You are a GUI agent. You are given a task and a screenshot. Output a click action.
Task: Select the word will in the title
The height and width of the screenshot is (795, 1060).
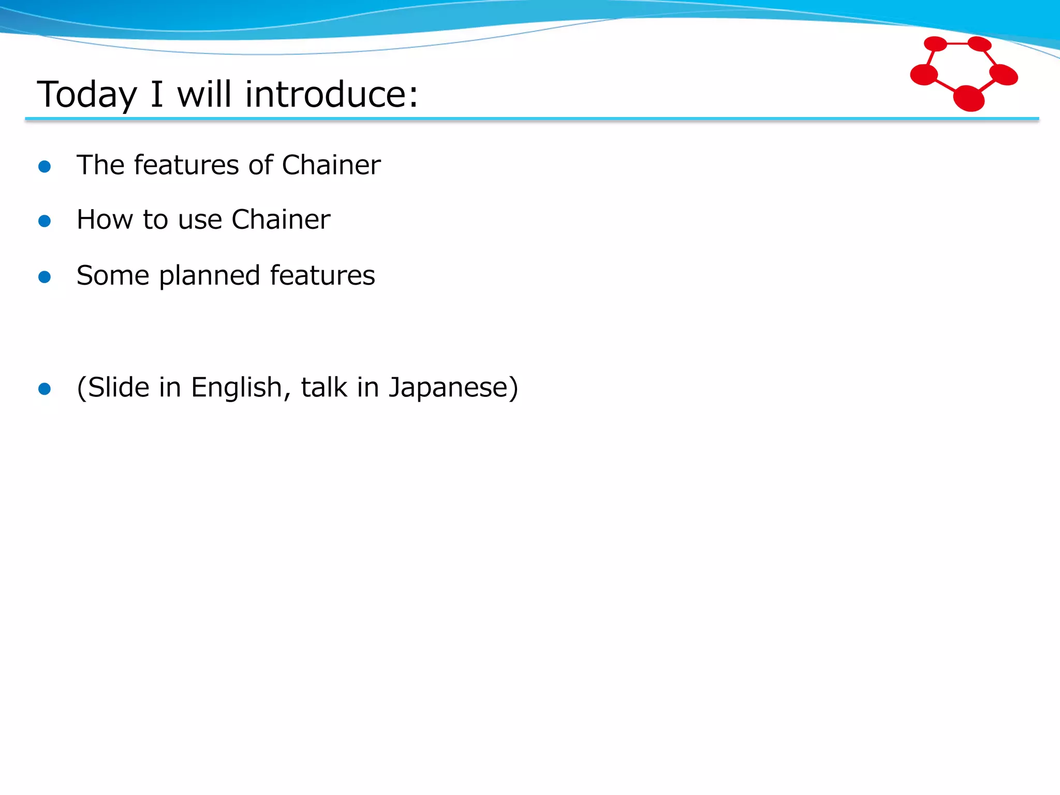pyautogui.click(x=204, y=94)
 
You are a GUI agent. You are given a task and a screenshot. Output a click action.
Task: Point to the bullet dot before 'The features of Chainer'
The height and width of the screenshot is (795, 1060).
pyautogui.click(x=45, y=166)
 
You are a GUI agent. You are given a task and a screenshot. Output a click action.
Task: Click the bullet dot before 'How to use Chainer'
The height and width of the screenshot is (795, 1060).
pyautogui.click(x=45, y=221)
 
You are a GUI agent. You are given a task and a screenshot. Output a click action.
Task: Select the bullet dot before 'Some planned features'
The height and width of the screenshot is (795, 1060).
pyautogui.click(x=45, y=277)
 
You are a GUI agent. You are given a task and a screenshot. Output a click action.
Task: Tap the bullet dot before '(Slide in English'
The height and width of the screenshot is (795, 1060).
pyautogui.click(x=45, y=389)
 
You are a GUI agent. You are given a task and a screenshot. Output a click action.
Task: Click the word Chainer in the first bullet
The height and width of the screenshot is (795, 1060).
pyautogui.click(x=331, y=165)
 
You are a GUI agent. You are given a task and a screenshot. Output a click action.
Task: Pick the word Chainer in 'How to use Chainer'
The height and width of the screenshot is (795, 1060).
pyautogui.click(x=281, y=219)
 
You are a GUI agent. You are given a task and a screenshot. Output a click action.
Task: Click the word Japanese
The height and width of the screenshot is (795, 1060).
pyautogui.click(x=447, y=388)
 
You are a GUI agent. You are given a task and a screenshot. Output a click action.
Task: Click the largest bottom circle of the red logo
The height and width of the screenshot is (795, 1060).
pyautogui.click(x=968, y=98)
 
